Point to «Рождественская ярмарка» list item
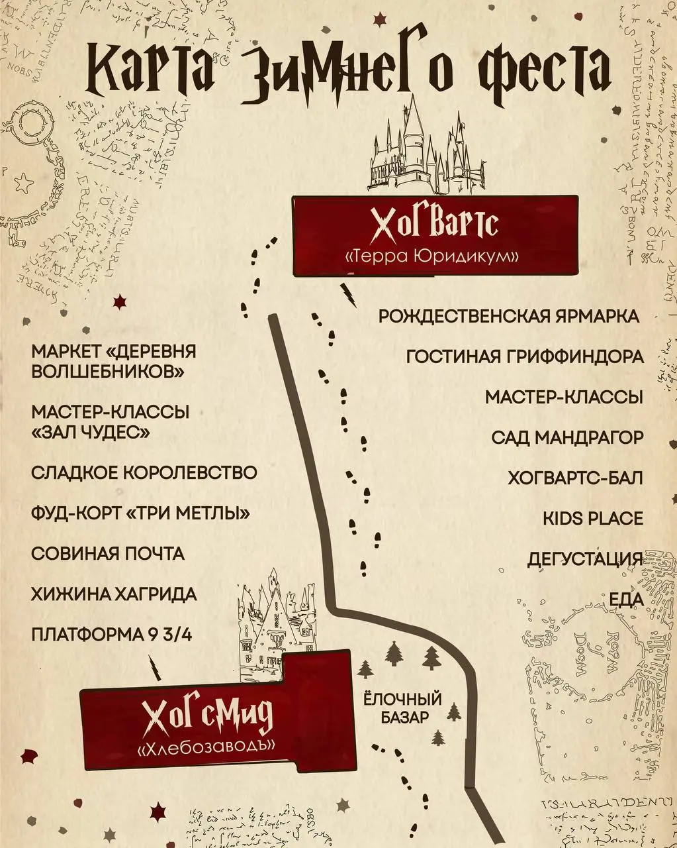509,316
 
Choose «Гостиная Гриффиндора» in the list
525,356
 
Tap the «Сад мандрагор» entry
567,437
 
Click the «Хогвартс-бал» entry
575,478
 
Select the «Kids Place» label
593,518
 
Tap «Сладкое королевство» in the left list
144,473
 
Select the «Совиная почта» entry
108,553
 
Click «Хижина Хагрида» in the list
114,594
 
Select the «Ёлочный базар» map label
402,708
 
